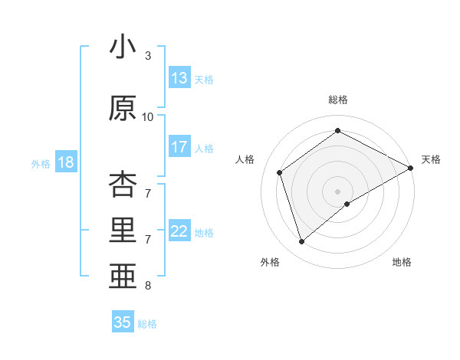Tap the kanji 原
click(123, 108)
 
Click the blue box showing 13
click(179, 78)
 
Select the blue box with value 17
click(179, 148)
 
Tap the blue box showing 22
click(179, 232)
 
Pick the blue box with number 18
click(66, 162)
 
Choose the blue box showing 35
click(123, 322)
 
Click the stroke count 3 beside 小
click(148, 56)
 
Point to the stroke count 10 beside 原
click(148, 117)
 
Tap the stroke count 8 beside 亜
click(148, 286)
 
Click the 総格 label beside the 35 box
click(147, 324)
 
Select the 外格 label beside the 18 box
click(41, 163)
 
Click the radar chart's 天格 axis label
click(431, 159)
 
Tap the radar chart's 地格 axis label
click(402, 262)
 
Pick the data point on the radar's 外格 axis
click(301, 242)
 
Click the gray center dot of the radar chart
click(337, 190)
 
